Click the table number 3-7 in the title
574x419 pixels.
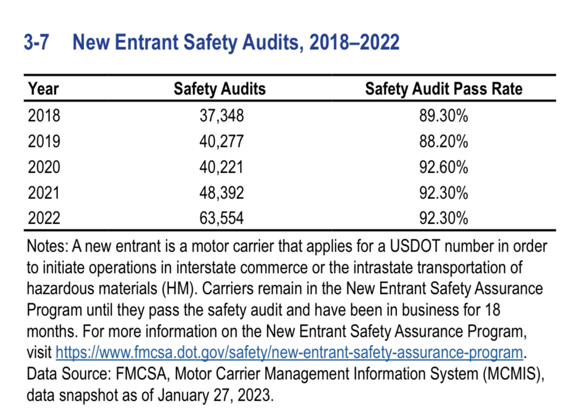[x=36, y=42]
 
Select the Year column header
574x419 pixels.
[x=43, y=89]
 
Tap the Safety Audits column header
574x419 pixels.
[x=219, y=89]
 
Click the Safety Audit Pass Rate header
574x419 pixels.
[x=444, y=89]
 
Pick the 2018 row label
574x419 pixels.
[x=44, y=116]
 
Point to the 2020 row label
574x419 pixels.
[x=44, y=167]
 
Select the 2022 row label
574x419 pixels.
[x=44, y=218]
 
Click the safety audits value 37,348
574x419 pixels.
[x=222, y=116]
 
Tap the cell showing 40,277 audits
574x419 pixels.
[x=222, y=142]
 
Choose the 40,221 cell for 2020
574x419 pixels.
[x=222, y=167]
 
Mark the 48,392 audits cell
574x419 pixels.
[x=222, y=193]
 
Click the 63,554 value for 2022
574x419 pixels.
[x=222, y=218]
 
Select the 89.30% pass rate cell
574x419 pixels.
[x=444, y=116]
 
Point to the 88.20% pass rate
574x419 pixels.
[x=444, y=142]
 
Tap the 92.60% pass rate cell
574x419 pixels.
[x=444, y=167]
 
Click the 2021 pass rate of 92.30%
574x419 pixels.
[x=444, y=193]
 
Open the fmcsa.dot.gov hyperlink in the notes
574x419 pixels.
[x=289, y=352]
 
